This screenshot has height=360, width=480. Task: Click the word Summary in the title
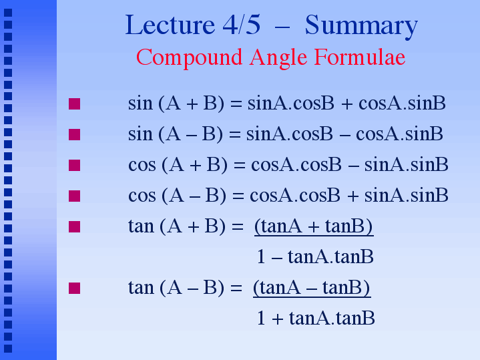pyautogui.click(x=361, y=27)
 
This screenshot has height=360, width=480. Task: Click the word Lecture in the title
pyautogui.click(x=170, y=25)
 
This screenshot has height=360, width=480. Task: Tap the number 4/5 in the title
pyautogui.click(x=242, y=25)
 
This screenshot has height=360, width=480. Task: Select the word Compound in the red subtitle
pyautogui.click(x=189, y=57)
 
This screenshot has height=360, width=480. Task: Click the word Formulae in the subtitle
pyautogui.click(x=360, y=57)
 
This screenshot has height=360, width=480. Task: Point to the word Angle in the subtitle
pyautogui.click(x=278, y=59)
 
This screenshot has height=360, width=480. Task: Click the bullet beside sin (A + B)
pyautogui.click(x=74, y=104)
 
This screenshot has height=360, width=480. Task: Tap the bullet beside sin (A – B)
pyautogui.click(x=74, y=134)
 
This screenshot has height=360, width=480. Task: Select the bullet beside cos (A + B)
pyautogui.click(x=74, y=165)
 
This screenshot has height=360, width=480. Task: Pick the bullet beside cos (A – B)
pyautogui.click(x=74, y=196)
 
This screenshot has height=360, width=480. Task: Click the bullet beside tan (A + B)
pyautogui.click(x=74, y=226)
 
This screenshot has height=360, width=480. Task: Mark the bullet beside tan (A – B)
pyautogui.click(x=74, y=288)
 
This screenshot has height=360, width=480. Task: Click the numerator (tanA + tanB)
pyautogui.click(x=314, y=227)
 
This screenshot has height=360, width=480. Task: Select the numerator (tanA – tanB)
pyautogui.click(x=312, y=289)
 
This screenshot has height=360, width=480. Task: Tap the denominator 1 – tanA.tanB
pyautogui.click(x=315, y=256)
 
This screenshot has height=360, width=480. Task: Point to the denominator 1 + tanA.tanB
pyautogui.click(x=316, y=318)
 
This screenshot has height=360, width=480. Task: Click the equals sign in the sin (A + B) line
pyautogui.click(x=236, y=104)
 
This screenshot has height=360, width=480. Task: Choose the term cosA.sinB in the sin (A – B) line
pyautogui.click(x=399, y=134)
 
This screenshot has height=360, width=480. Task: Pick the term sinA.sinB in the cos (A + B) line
pyautogui.click(x=406, y=164)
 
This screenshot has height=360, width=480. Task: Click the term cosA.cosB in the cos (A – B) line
pyautogui.click(x=295, y=196)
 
